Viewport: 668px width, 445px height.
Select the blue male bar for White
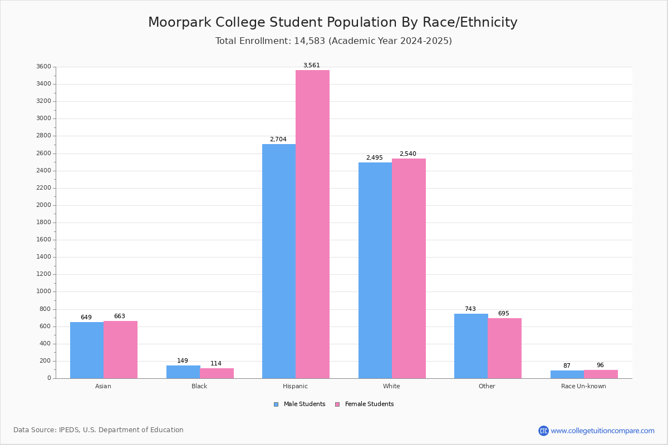click(375, 270)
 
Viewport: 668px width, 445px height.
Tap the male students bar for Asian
click(87, 350)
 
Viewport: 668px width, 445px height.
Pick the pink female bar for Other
click(504, 348)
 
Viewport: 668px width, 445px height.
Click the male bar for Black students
click(183, 372)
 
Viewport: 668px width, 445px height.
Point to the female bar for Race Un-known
click(601, 374)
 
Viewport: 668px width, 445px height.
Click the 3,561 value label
click(312, 66)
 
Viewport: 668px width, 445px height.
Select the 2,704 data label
click(278, 140)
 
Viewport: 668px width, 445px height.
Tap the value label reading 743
click(470, 309)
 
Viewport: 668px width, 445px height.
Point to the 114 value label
click(216, 364)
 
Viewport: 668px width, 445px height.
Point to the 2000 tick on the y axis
click(44, 205)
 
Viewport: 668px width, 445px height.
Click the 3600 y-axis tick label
click(44, 67)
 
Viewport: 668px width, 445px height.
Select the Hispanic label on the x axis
click(295, 386)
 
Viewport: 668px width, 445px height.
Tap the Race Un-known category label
click(583, 386)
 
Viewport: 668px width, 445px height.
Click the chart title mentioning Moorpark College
click(333, 23)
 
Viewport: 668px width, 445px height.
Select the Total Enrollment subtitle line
click(333, 41)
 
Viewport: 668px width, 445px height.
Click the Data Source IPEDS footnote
click(99, 430)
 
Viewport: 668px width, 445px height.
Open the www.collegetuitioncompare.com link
click(602, 431)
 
